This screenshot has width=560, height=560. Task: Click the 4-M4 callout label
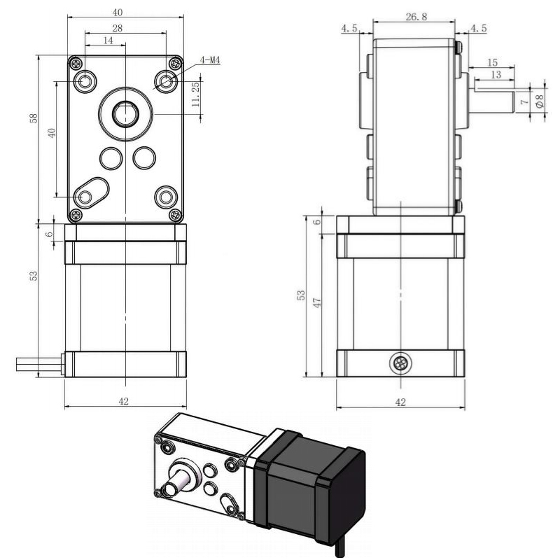[x=209, y=60]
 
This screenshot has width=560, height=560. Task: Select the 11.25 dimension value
[x=195, y=94]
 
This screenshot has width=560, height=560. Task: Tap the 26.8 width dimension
[x=416, y=16]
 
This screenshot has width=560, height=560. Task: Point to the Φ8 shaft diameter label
[x=540, y=101]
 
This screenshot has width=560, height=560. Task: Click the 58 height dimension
[x=34, y=118]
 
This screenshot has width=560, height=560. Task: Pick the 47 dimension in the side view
[x=317, y=302]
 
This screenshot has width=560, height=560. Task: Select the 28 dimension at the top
[x=117, y=28]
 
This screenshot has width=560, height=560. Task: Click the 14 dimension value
[x=108, y=41]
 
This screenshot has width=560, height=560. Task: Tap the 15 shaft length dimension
[x=492, y=62]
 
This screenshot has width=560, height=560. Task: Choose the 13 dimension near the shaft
[x=496, y=74]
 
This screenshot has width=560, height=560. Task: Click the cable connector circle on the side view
[x=400, y=363]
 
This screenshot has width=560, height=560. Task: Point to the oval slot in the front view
[x=91, y=192]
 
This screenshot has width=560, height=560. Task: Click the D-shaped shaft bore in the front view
[x=125, y=113]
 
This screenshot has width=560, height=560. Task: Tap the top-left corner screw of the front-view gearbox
[x=76, y=64]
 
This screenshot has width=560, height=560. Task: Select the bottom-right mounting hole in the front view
[x=166, y=197]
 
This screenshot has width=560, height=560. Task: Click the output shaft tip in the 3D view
[x=169, y=489]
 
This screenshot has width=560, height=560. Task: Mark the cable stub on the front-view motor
[x=39, y=364]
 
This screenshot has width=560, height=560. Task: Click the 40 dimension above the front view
[x=118, y=13]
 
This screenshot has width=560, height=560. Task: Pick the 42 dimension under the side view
[x=400, y=402]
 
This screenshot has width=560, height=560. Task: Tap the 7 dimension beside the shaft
[x=524, y=101]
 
